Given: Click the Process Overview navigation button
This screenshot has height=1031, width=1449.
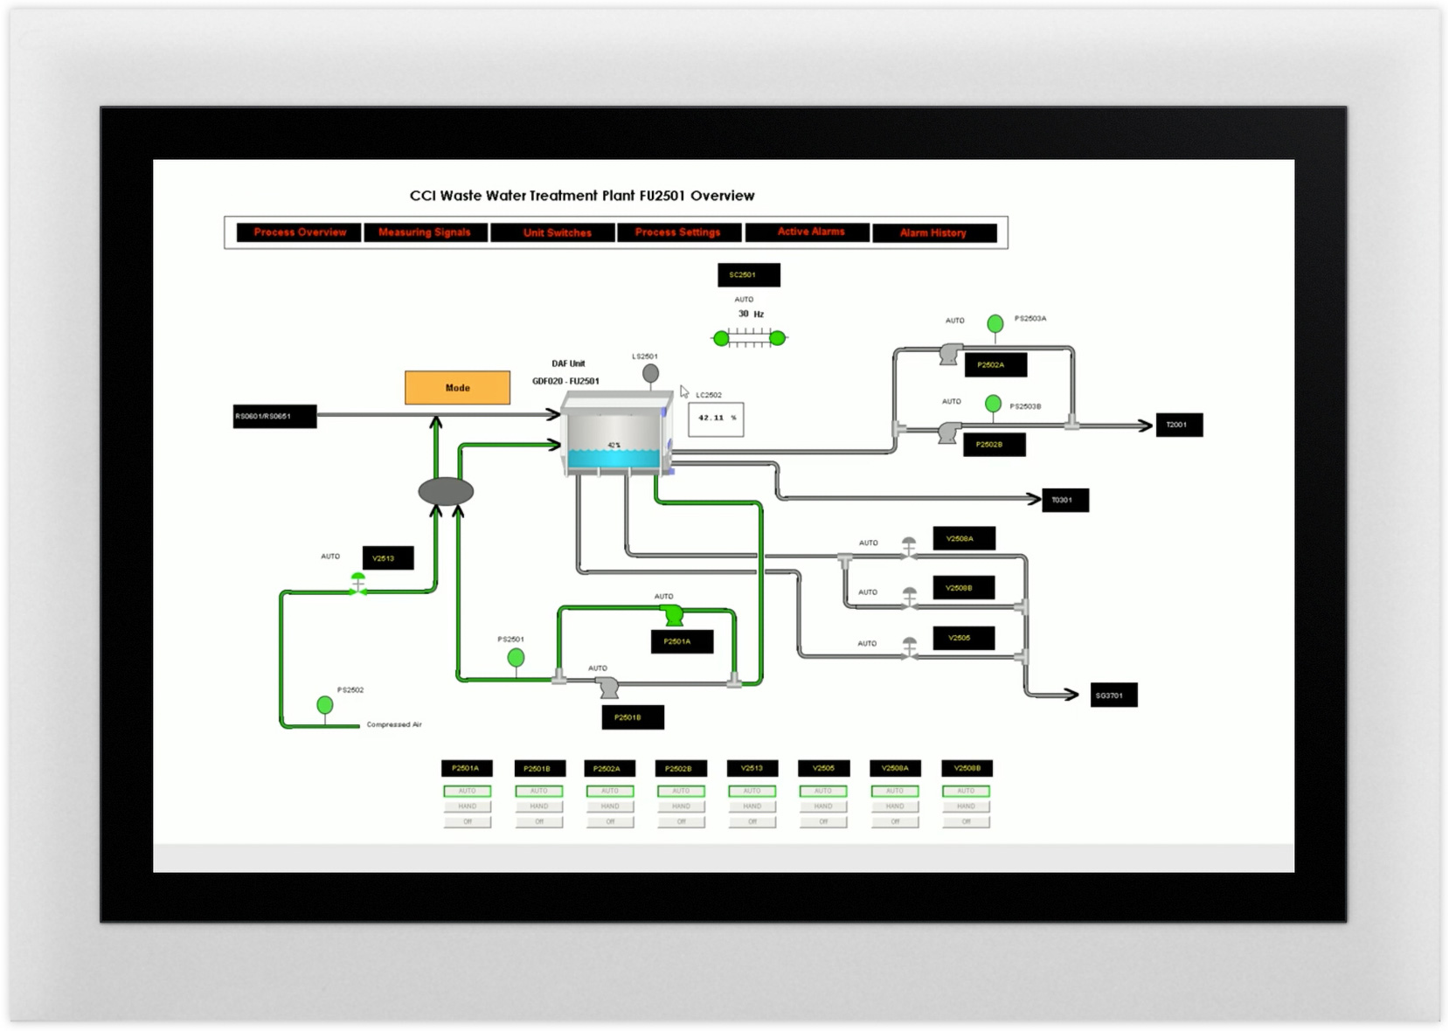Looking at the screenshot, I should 300,232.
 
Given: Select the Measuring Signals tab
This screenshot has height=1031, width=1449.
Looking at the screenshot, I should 425,232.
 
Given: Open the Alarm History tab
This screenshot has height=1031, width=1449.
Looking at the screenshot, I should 933,233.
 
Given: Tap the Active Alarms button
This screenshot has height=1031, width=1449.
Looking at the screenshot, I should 810,232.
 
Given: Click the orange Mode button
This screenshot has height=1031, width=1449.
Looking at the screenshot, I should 457,388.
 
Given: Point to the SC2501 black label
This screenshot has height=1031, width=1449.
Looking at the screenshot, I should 748,275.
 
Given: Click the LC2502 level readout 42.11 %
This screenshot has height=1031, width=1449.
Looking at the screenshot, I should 716,419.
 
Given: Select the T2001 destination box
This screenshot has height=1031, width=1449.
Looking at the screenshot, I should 1178,426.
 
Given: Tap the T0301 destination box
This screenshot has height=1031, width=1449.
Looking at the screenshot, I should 1064,501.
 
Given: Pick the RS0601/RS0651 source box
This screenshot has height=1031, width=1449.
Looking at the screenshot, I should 274,417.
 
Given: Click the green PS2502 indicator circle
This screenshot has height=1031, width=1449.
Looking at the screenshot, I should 325,704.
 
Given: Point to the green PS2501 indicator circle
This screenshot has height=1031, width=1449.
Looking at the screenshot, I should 517,657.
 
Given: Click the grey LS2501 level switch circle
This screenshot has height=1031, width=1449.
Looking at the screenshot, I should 650,373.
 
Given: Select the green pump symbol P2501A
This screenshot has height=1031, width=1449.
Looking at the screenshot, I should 672,614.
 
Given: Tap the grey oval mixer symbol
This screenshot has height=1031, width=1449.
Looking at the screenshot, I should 446,492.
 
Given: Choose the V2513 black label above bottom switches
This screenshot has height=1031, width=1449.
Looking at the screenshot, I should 752,769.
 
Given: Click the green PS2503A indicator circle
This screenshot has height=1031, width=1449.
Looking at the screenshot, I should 995,324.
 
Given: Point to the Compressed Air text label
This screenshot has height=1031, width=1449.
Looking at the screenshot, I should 394,725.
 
